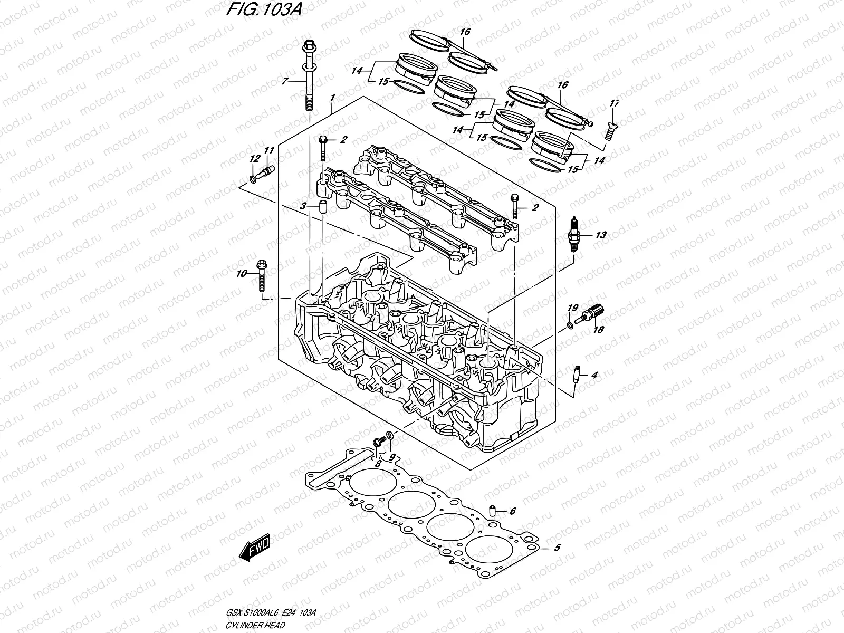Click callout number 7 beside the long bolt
tap(285, 81)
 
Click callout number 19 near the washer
tap(573, 308)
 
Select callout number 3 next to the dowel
tap(303, 207)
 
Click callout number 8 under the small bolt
tap(378, 464)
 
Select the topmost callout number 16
tap(464, 32)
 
